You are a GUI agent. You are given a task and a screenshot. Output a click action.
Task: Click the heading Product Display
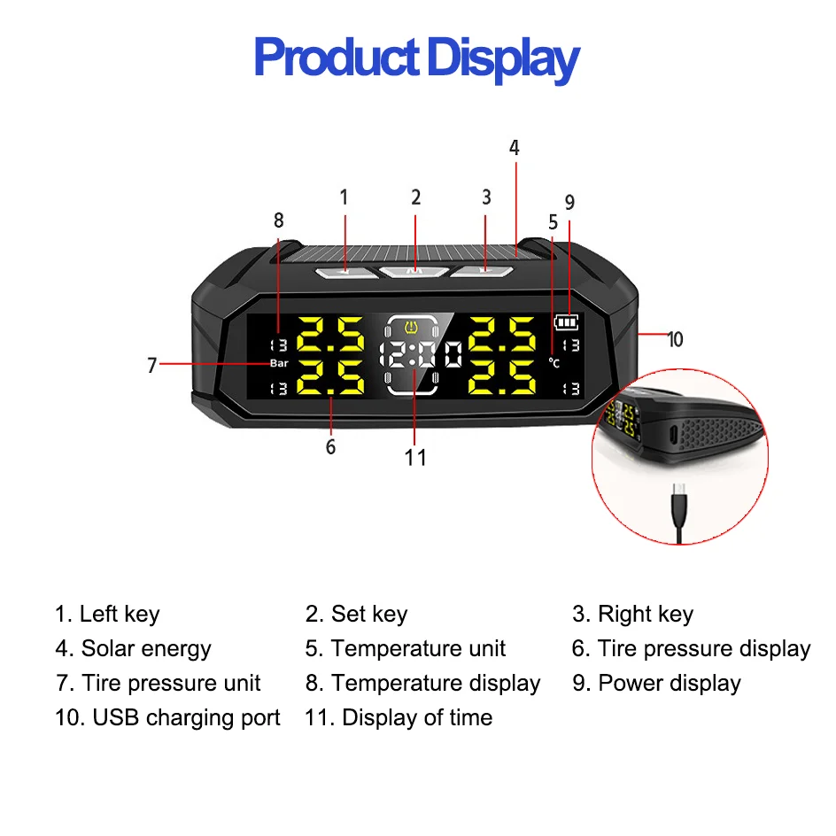(416, 58)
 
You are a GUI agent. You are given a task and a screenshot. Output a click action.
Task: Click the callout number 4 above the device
(514, 148)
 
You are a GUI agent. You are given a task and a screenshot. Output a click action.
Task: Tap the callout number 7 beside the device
(152, 365)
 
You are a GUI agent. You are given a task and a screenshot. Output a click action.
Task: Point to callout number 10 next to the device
(675, 339)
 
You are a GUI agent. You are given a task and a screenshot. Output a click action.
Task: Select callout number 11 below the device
(415, 458)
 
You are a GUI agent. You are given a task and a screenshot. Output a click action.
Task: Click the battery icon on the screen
(566, 322)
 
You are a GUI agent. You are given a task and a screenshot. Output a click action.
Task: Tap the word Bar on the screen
(279, 363)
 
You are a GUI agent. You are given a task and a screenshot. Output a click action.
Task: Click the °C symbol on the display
(554, 363)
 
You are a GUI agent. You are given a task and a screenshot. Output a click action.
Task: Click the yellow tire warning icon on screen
(412, 326)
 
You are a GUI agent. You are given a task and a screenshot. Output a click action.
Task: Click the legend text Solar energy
(146, 648)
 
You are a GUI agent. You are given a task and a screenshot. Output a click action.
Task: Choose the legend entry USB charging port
(186, 717)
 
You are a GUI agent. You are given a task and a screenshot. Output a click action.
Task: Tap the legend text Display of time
(417, 717)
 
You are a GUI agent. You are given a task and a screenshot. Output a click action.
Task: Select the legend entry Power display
(670, 683)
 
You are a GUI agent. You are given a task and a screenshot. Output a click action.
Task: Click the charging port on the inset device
(673, 435)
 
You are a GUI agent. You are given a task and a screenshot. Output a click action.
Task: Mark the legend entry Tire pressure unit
(171, 683)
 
